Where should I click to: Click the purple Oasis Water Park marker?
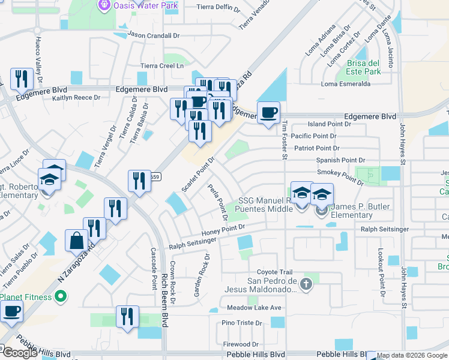tap(104, 5)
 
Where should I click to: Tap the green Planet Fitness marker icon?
tap(60, 296)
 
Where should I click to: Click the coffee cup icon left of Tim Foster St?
tap(269, 112)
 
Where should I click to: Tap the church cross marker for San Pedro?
tap(306, 283)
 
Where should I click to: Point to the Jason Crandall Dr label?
tap(154, 35)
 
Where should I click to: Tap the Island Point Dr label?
tap(329, 124)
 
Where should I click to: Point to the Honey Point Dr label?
tap(224, 227)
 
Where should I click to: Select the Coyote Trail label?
tap(274, 272)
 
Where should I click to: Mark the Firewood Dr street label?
tap(240, 344)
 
